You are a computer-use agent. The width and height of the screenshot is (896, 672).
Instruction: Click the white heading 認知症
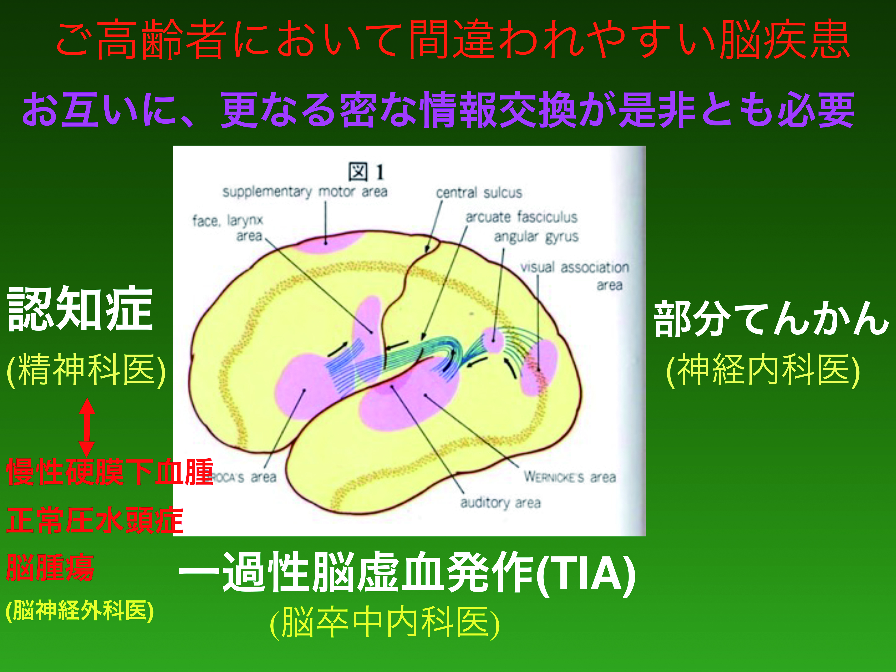(x=80, y=309)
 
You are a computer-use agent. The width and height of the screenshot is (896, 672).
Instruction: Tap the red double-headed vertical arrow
(x=87, y=427)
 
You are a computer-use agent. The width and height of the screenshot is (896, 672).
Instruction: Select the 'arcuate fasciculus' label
(x=521, y=218)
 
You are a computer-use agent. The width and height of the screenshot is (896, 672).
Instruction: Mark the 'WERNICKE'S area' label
(x=570, y=477)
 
